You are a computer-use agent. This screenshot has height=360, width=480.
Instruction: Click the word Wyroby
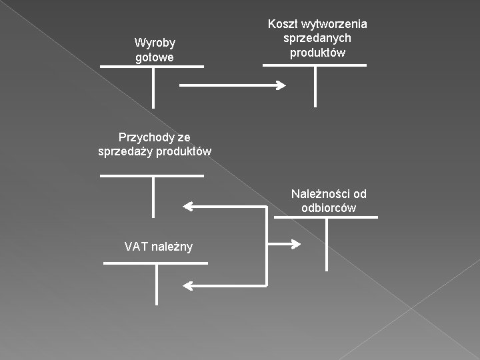[x=155, y=43]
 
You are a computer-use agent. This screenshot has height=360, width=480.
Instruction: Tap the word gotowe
[x=154, y=57]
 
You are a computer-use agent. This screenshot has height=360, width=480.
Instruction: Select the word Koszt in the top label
[x=283, y=24]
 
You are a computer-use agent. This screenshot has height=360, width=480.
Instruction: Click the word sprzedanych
[x=317, y=39]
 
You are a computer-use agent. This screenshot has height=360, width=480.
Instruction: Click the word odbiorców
[x=329, y=208]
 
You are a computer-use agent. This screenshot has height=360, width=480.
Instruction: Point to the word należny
[x=172, y=247]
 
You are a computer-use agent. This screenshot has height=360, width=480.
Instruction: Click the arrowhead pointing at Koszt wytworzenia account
[x=281, y=85]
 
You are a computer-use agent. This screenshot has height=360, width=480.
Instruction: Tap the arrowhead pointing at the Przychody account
[x=188, y=207]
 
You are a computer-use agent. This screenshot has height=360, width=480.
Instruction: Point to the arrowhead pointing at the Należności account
[x=296, y=244]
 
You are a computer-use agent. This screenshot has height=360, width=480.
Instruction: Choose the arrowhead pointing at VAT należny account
[x=188, y=286]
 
